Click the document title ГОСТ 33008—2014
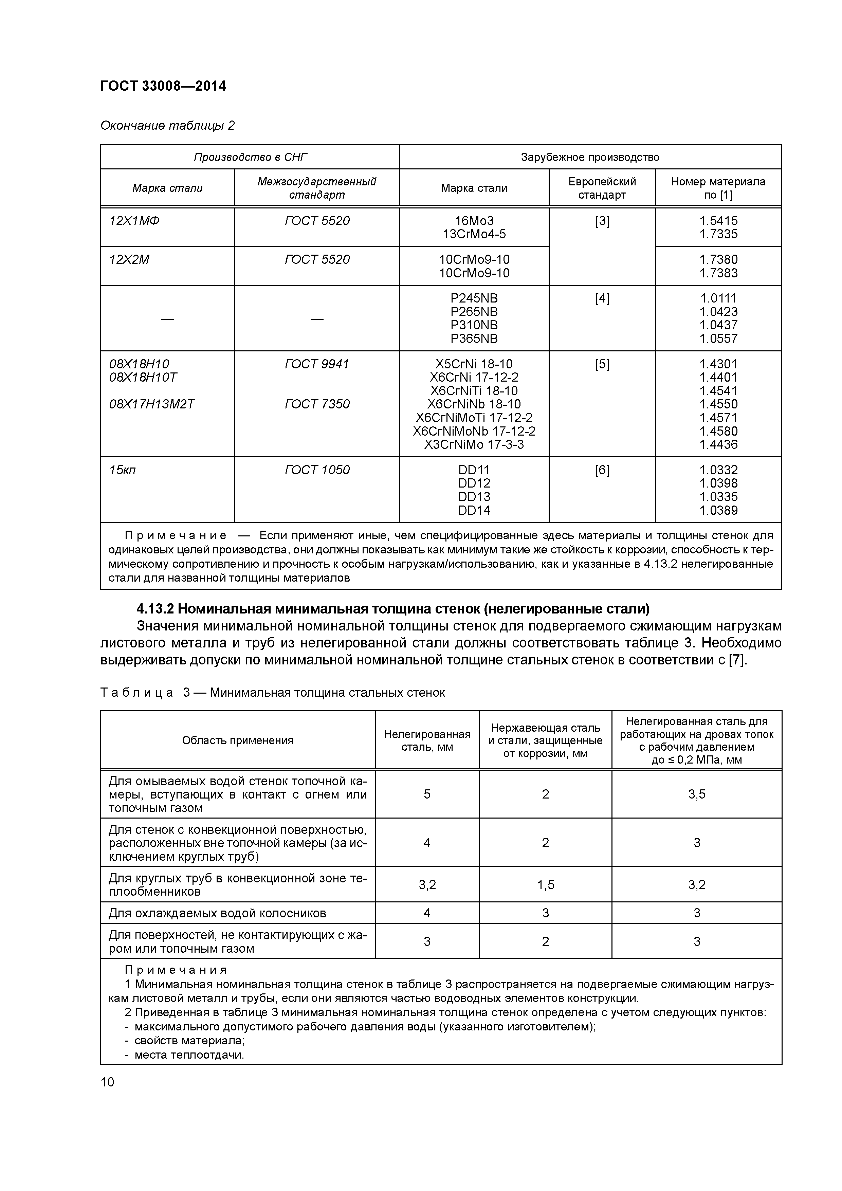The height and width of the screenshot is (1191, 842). [x=163, y=86]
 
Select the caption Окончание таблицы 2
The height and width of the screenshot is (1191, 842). [x=167, y=126]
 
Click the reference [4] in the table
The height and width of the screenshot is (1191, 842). [x=602, y=299]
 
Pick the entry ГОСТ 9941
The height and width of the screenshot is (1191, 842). [x=316, y=364]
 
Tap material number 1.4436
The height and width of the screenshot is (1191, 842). [x=718, y=444]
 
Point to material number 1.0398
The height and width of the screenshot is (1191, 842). [x=718, y=483]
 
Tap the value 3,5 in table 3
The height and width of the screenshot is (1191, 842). [x=697, y=794]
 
